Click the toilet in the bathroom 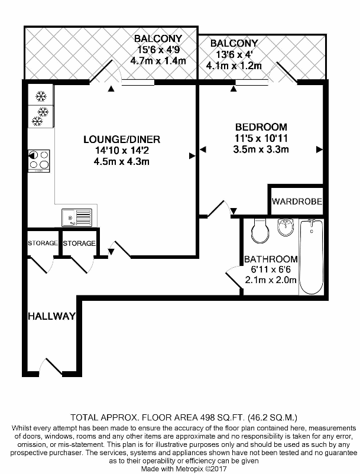click(260, 231)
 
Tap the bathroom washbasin click(286, 228)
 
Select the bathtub click(311, 257)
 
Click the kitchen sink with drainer click(77, 217)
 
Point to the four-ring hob click(39, 161)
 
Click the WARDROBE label click(297, 202)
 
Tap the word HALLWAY click(51, 316)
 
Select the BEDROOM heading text click(261, 127)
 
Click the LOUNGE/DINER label click(122, 139)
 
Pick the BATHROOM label click(271, 259)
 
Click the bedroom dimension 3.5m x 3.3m click(261, 149)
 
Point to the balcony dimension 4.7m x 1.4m click(158, 61)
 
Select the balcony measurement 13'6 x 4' click(234, 55)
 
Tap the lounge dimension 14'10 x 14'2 click(122, 150)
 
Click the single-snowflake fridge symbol click(41, 96)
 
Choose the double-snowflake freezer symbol click(40, 116)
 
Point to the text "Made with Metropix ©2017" click(184, 469)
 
